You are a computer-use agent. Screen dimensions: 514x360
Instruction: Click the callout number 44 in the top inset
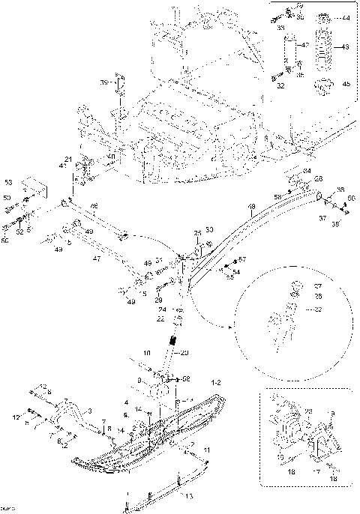[x=345, y=16]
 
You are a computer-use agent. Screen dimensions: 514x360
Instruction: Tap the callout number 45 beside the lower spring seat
[x=345, y=85]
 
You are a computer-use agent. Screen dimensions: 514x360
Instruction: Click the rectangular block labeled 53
[x=31, y=187]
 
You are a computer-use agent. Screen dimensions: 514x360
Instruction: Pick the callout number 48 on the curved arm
[x=251, y=206]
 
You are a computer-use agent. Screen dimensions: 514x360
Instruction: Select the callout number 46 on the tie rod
[x=94, y=205]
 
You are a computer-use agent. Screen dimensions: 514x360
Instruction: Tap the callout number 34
[x=307, y=172]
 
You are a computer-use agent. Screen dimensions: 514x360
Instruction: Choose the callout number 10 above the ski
[x=147, y=351]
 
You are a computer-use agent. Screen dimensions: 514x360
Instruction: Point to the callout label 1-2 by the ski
[x=217, y=382]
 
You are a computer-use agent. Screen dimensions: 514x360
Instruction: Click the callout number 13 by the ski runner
[x=188, y=496]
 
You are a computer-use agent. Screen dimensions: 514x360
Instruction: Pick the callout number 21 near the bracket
[x=67, y=159]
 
